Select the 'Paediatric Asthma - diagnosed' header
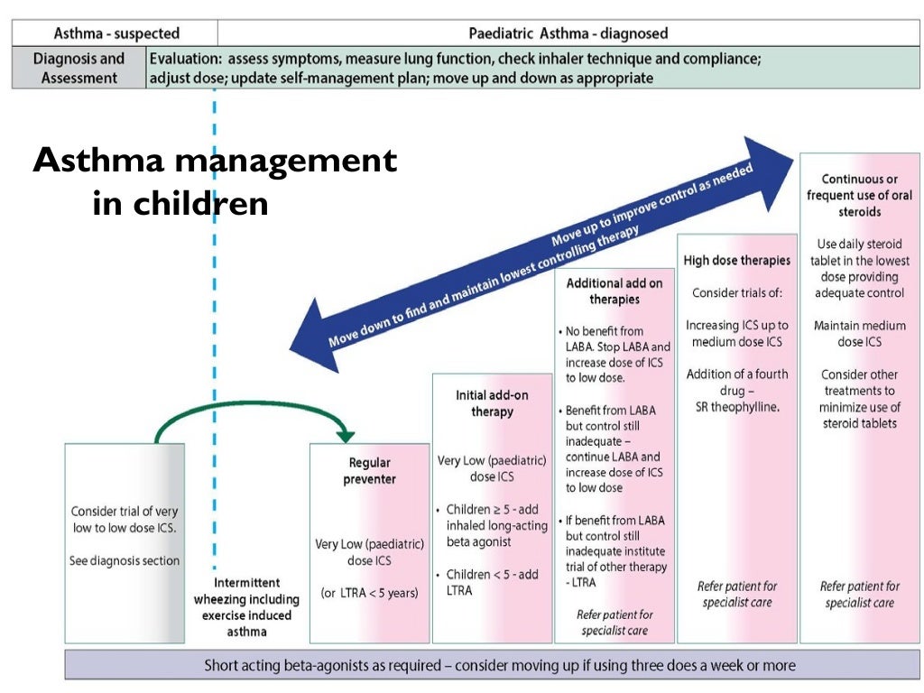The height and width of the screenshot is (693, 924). click(x=568, y=33)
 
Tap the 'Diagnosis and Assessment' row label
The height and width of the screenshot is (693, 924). click(x=79, y=69)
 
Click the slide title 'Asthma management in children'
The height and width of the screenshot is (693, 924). click(x=215, y=181)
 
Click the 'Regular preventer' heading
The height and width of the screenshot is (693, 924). click(x=369, y=471)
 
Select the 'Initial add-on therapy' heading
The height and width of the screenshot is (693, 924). click(x=492, y=403)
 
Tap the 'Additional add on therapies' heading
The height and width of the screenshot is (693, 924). click(x=614, y=291)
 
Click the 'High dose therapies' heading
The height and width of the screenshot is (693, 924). click(x=736, y=261)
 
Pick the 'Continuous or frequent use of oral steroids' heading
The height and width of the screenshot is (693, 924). click(x=859, y=196)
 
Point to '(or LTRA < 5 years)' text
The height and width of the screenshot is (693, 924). click(x=369, y=593)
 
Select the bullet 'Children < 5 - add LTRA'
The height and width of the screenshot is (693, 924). click(x=492, y=582)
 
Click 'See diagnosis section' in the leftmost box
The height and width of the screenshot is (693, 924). click(x=125, y=560)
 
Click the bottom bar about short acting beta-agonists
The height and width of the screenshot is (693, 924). click(x=500, y=665)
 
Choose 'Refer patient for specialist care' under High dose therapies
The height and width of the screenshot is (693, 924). click(x=736, y=595)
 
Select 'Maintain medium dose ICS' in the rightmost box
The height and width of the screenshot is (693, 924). click(x=859, y=333)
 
